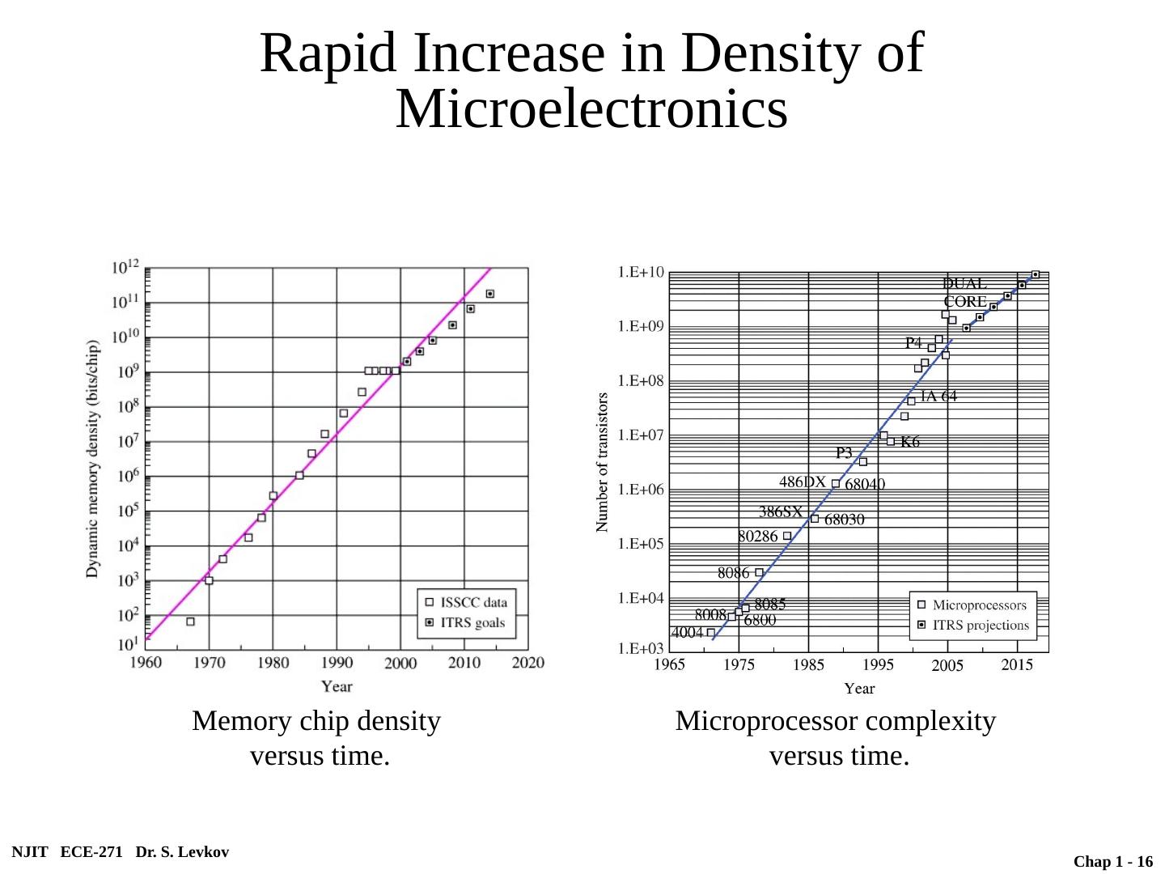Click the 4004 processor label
click(688, 633)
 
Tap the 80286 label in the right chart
click(757, 536)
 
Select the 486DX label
click(802, 482)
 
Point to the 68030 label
click(844, 520)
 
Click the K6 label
click(910, 442)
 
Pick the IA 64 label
click(938, 397)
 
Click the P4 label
click(913, 343)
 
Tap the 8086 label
click(733, 573)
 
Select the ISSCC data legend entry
click(473, 602)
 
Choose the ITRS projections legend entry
click(981, 626)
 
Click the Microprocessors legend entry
click(979, 605)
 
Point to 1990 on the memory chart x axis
click(337, 663)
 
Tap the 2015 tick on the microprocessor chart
click(1017, 665)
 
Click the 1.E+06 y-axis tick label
click(642, 490)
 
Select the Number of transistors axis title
click(603, 462)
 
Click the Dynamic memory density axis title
click(93, 459)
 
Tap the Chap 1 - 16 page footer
click(1112, 863)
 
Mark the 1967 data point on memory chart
click(190, 622)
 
